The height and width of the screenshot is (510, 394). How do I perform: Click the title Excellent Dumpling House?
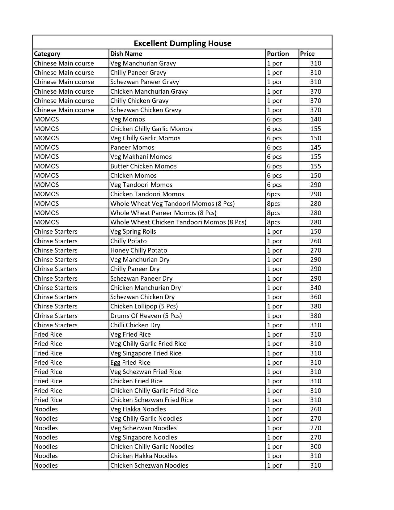182,43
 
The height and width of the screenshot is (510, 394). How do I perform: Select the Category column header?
47,54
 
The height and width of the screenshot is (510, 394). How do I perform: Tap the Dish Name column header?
126,54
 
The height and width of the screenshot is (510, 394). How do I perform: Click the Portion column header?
278,54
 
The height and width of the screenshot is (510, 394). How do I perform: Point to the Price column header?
307,54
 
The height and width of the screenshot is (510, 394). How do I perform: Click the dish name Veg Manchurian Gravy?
143,63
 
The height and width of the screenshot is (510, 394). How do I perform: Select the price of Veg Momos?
316,119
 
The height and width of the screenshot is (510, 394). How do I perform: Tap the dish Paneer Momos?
132,147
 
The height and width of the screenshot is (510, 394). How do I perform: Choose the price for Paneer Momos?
316,147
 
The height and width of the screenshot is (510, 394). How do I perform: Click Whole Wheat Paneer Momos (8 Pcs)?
163,213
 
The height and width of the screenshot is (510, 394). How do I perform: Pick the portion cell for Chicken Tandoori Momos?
273,194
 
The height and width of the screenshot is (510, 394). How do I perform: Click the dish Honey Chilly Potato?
138,250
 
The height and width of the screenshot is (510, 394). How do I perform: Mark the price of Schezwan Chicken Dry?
316,297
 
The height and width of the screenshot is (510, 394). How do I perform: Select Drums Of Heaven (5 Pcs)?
146,316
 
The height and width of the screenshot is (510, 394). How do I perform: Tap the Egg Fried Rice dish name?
130,363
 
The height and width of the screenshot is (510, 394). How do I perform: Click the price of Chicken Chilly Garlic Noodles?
316,447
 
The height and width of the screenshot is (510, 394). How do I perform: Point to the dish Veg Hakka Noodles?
138,409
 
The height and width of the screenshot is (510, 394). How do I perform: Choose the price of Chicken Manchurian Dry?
316,288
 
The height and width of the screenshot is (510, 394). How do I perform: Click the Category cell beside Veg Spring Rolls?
56,232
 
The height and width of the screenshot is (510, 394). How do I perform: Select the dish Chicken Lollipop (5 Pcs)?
144,306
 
